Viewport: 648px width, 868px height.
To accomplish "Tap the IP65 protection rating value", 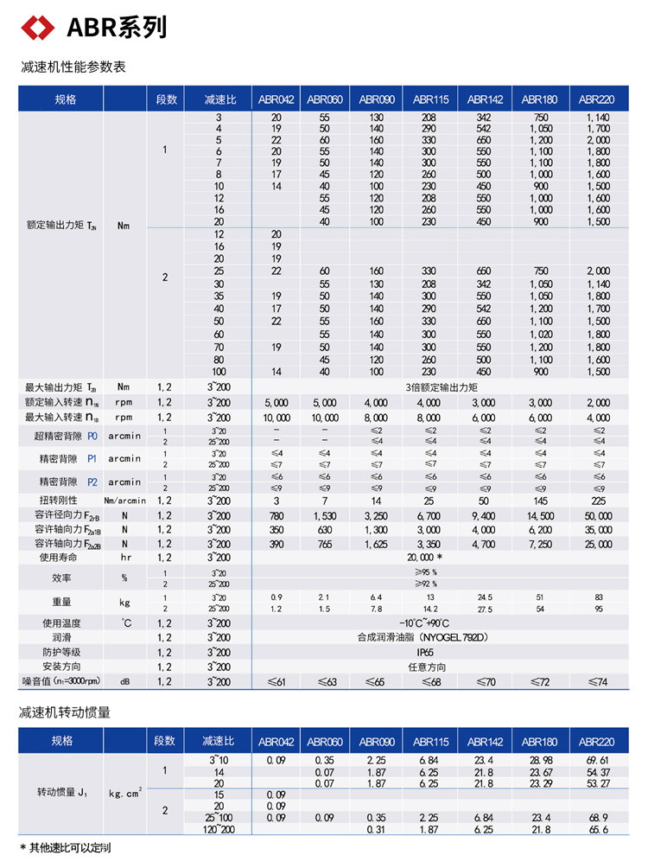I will [x=424, y=652].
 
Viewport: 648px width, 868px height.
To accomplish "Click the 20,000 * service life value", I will [x=424, y=558].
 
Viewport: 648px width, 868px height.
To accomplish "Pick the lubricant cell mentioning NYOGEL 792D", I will [x=424, y=637].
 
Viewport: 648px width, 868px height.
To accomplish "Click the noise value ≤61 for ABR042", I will [x=276, y=682].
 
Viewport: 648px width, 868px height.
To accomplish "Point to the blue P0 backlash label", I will [x=93, y=436].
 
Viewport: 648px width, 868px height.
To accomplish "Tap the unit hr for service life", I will [x=124, y=558].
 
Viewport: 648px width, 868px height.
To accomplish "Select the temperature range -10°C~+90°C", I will [x=424, y=623].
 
